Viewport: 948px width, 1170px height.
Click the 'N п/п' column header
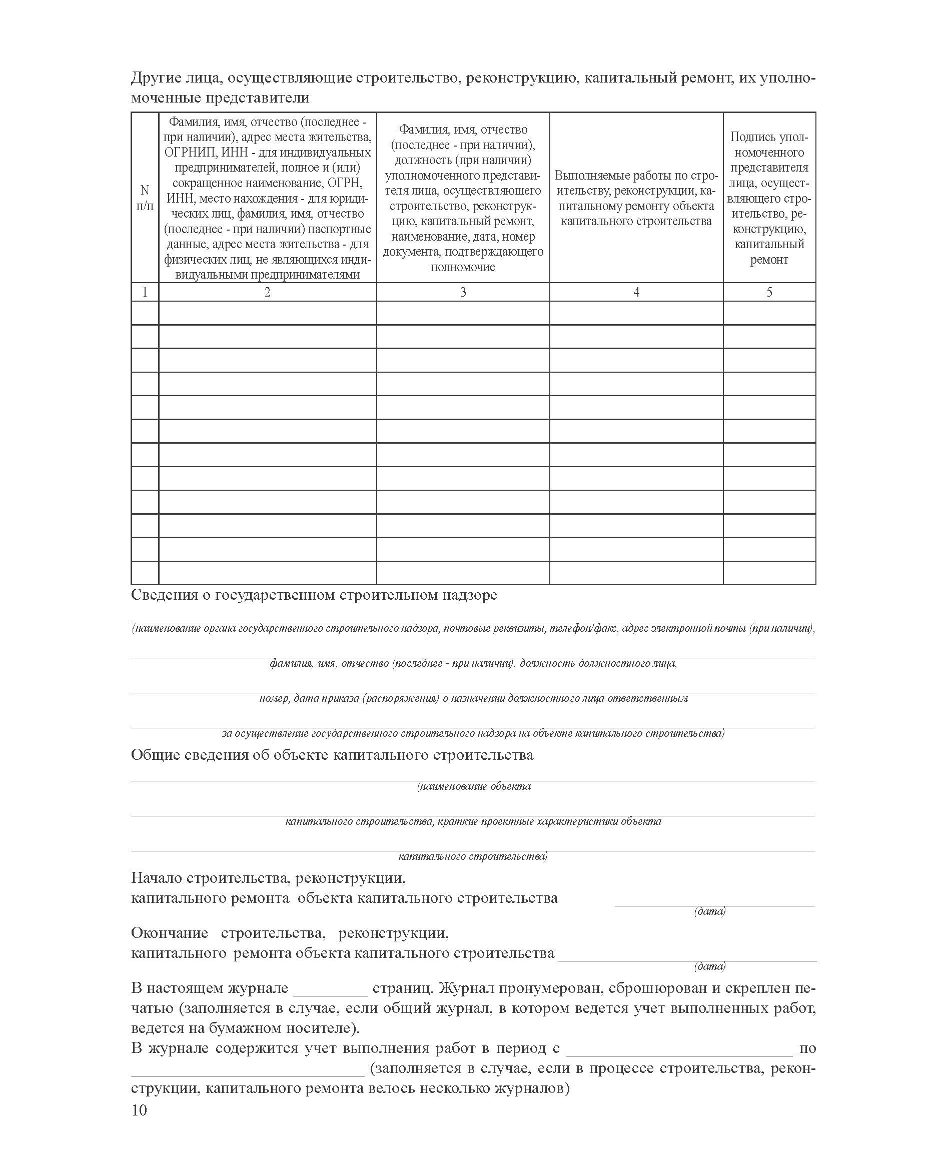(145, 198)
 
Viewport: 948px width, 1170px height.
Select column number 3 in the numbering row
(463, 292)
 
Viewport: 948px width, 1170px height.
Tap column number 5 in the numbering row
(769, 292)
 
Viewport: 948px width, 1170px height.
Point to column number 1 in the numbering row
(145, 292)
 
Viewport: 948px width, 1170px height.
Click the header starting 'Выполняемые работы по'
(636, 198)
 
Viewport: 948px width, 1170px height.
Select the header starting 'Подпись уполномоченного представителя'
(769, 198)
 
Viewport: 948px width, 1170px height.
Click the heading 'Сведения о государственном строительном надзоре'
(314, 595)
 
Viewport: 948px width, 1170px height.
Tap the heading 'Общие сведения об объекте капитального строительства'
(332, 755)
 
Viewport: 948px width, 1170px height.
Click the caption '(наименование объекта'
(473, 786)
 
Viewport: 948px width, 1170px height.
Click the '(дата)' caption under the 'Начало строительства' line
(709, 911)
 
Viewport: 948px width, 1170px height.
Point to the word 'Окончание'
(169, 933)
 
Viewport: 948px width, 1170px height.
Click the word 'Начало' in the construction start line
(156, 878)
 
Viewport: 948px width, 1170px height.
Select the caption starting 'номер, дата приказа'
(473, 698)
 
